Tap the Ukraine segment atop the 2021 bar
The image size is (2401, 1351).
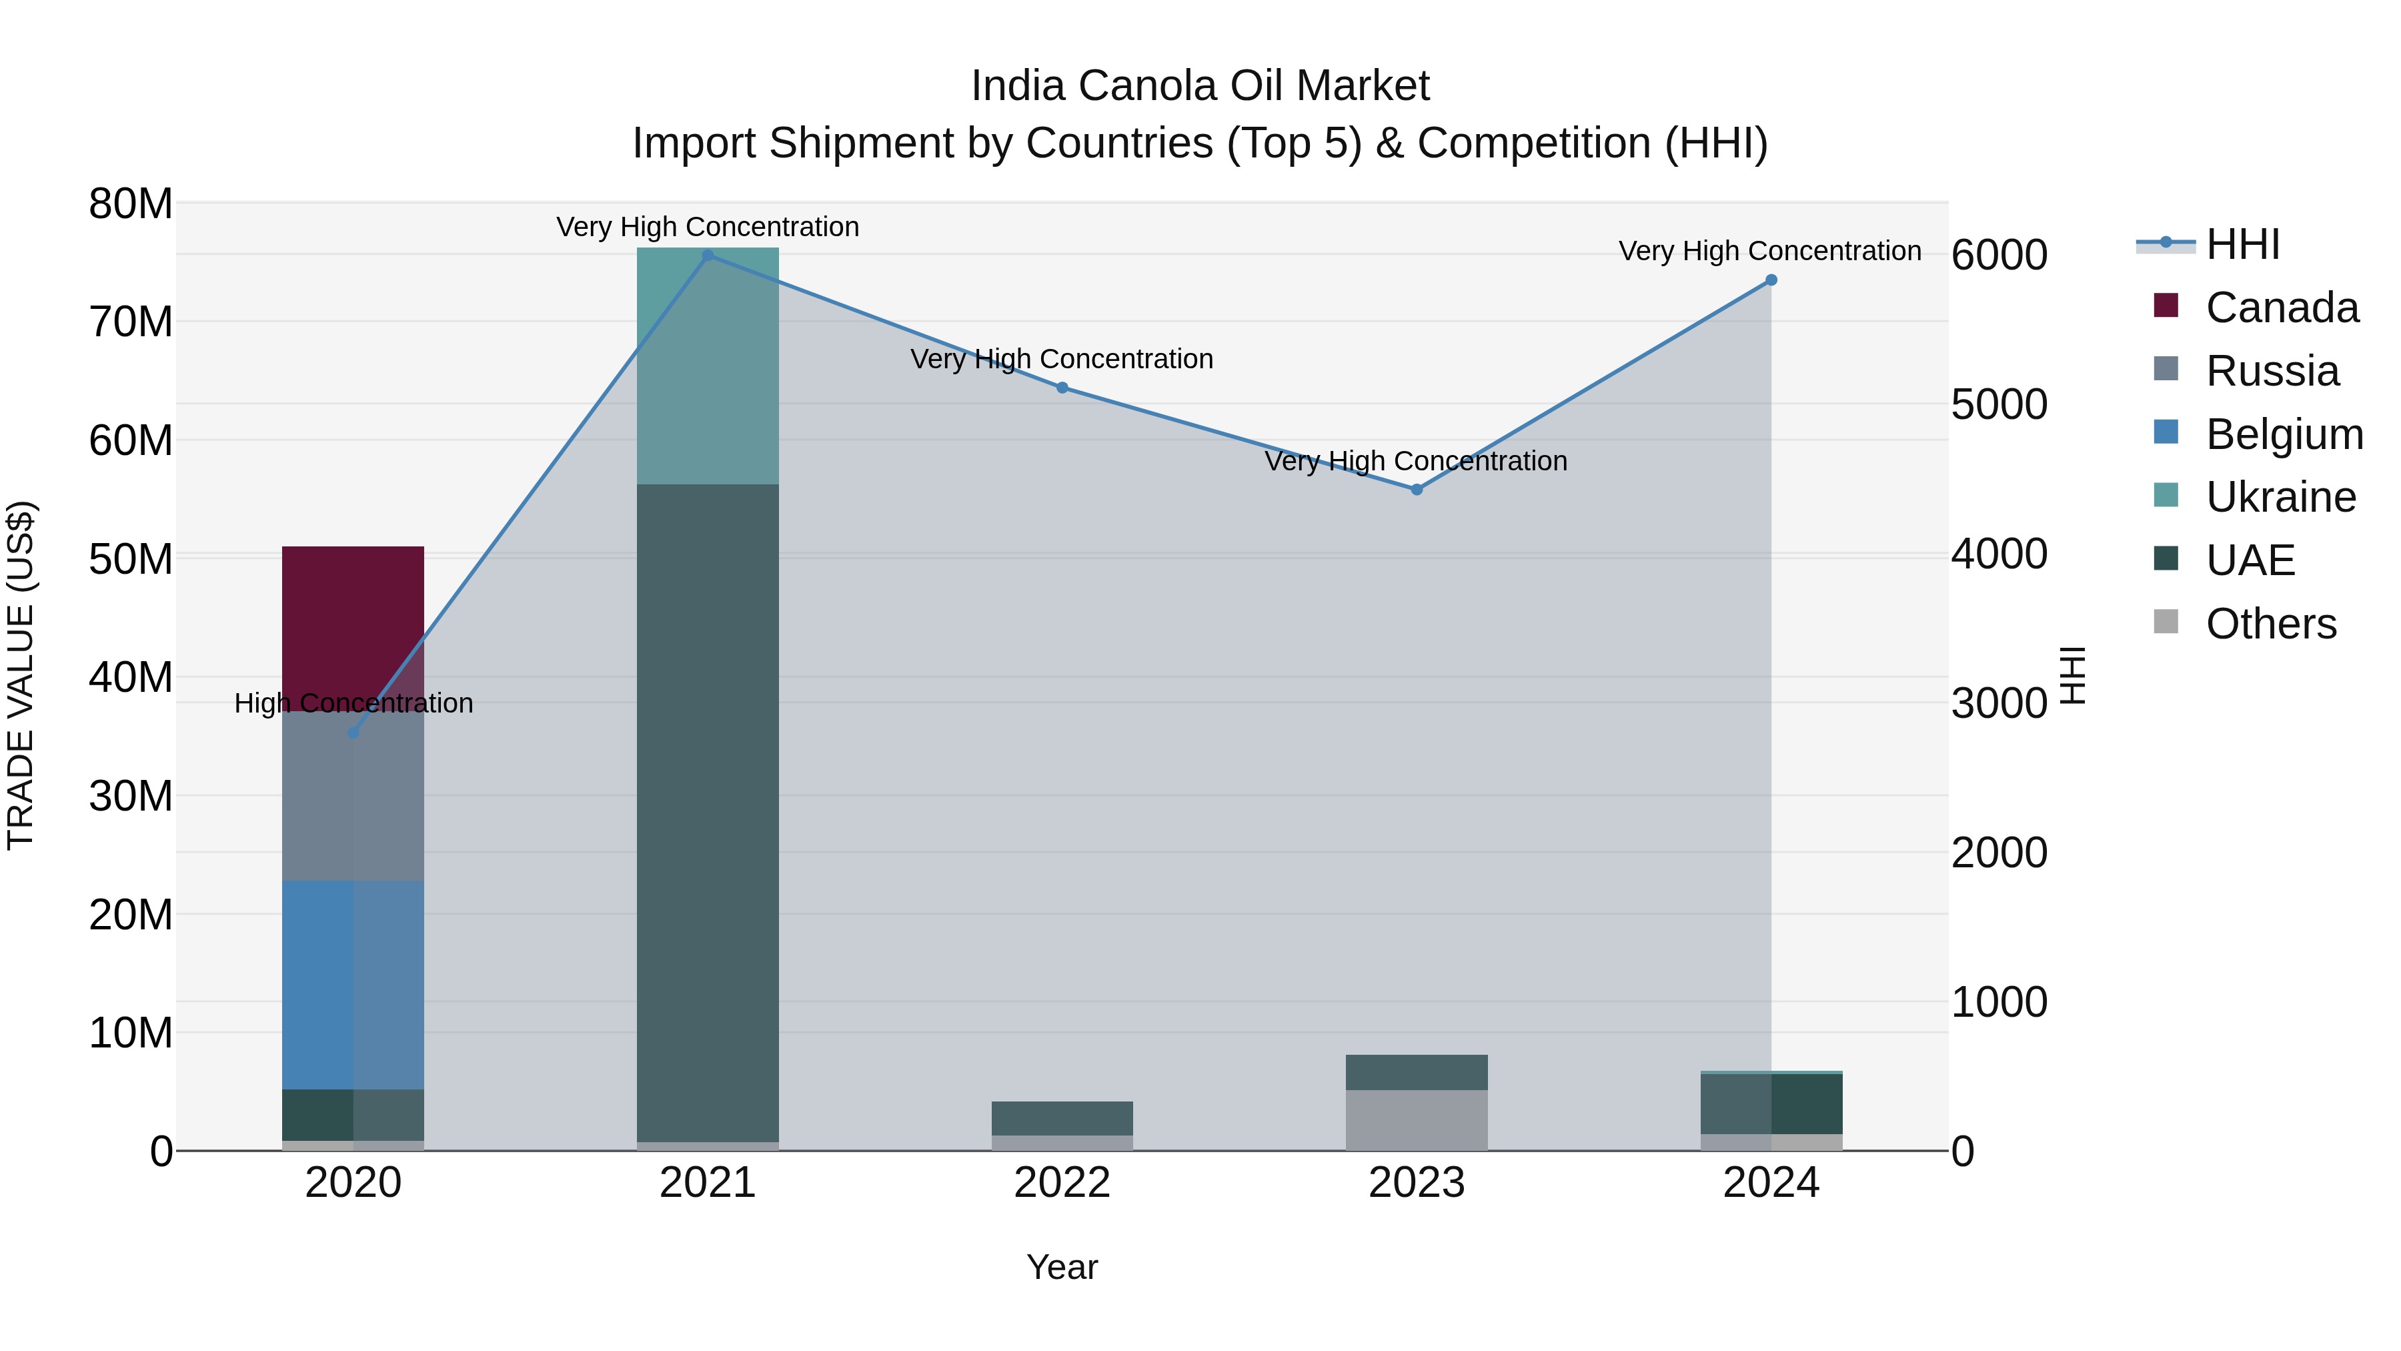[708, 366]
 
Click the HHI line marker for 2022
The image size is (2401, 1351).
[1062, 388]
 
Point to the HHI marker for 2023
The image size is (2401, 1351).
[1417, 490]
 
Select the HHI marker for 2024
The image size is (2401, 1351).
[1771, 280]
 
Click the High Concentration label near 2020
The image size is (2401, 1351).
[353, 703]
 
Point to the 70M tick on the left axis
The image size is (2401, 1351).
[131, 322]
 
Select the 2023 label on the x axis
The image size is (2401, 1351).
[1417, 1183]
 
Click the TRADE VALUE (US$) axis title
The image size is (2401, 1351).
[21, 675]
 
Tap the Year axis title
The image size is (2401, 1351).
[1062, 1267]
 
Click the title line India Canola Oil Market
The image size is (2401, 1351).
[1200, 86]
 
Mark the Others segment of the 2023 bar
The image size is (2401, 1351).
[1417, 1119]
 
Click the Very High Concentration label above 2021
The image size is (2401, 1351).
[708, 227]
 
